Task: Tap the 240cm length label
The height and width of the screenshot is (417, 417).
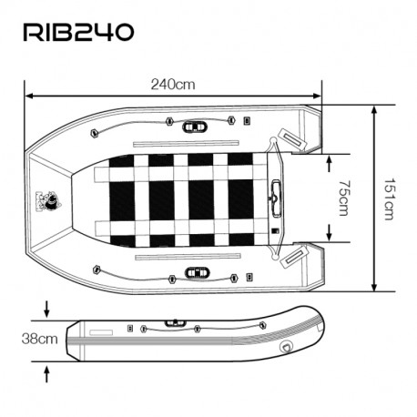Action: coord(173,84)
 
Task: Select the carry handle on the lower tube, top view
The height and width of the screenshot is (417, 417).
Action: coord(195,271)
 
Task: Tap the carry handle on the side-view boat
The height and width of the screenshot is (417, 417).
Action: coord(171,322)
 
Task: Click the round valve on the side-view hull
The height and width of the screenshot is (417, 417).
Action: coord(288,347)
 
